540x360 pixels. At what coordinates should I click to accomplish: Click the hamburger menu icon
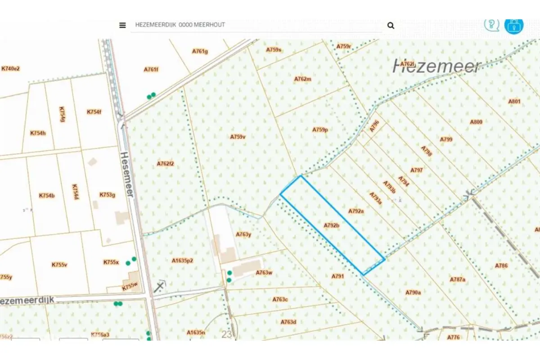[x=122, y=25]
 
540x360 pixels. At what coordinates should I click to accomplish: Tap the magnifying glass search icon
[x=391, y=26]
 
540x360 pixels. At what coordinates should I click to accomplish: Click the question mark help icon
[x=491, y=24]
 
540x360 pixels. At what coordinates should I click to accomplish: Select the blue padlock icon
[x=513, y=25]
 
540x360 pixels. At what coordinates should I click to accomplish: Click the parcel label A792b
[x=331, y=225]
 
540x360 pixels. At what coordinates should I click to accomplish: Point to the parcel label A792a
[x=356, y=211]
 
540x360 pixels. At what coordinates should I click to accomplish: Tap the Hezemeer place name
[x=437, y=66]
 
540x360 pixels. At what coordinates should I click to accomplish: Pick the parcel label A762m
[x=303, y=79]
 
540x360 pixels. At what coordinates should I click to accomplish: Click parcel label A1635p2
[x=182, y=261]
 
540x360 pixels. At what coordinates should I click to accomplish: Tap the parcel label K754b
[x=47, y=196]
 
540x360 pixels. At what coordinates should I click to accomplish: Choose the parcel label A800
[x=476, y=122]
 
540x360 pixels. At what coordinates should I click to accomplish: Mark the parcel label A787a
[x=457, y=279]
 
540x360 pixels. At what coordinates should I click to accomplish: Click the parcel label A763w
[x=264, y=273]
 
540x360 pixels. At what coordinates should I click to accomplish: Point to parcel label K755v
[x=59, y=265]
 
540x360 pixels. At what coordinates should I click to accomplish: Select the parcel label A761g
[x=200, y=51]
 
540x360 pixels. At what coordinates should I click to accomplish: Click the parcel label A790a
[x=413, y=292]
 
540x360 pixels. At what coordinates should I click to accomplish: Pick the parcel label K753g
[x=108, y=195]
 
